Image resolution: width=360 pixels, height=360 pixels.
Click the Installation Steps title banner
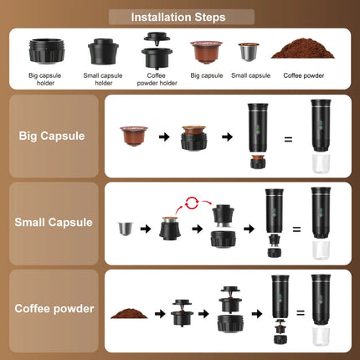(x=181, y=17)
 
